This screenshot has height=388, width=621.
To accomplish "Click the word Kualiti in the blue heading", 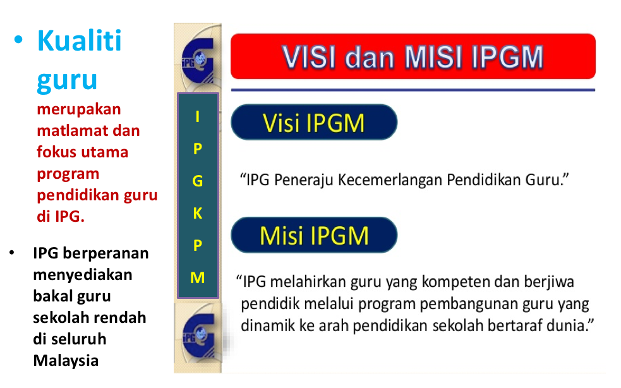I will tap(79, 41).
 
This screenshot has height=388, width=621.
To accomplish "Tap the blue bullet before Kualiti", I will tap(19, 40).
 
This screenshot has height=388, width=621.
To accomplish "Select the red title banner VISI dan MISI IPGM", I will tap(413, 57).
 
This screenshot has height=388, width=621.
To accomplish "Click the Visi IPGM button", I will tap(313, 123).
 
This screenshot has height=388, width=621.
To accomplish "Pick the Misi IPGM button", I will tap(313, 236).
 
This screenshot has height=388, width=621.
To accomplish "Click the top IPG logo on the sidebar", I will tap(198, 60).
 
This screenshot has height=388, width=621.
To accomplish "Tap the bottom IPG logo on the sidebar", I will tap(198, 332).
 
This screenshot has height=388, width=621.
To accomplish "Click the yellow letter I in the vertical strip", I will tap(198, 116).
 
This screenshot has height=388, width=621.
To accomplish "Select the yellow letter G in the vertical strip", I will tap(198, 181).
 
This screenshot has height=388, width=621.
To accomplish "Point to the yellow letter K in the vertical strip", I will tap(198, 214).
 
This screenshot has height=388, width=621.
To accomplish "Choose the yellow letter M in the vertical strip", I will tap(198, 277).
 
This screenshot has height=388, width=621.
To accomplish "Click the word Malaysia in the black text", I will tap(66, 361).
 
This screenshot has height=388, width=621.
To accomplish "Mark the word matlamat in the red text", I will tap(66, 131).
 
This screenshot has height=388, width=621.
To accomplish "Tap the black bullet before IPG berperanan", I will tap(11, 253).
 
